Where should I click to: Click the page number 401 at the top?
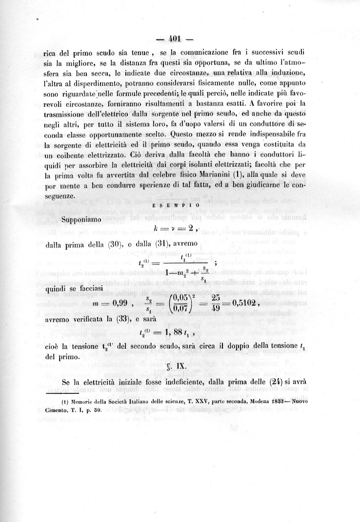coord(175,39)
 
